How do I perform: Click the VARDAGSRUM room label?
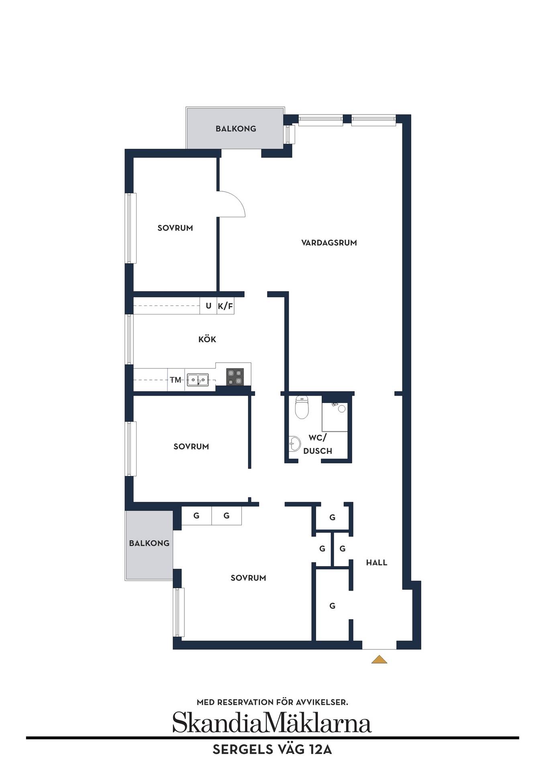pyautogui.click(x=329, y=242)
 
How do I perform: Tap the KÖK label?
pyautogui.click(x=207, y=339)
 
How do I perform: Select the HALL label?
pyautogui.click(x=377, y=563)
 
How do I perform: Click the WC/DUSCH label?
pyautogui.click(x=318, y=444)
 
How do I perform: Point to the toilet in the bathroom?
pyautogui.click(x=301, y=407)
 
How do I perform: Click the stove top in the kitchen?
pyautogui.click(x=235, y=377)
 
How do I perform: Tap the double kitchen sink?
pyautogui.click(x=198, y=380)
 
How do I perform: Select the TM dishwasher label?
pyautogui.click(x=176, y=380)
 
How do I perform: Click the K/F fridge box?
pyautogui.click(x=225, y=306)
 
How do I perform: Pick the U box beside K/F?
pyautogui.click(x=208, y=306)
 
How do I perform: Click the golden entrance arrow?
pyautogui.click(x=379, y=659)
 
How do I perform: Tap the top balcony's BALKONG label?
pyautogui.click(x=236, y=129)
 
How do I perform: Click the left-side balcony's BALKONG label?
pyautogui.click(x=149, y=543)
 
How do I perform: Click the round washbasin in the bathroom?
pyautogui.click(x=295, y=444)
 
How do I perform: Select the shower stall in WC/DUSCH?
pyautogui.click(x=335, y=417)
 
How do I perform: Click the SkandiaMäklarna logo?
pyautogui.click(x=272, y=723)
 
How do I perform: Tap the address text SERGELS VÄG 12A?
pyautogui.click(x=272, y=750)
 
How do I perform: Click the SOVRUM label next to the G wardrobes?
pyautogui.click(x=248, y=578)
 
